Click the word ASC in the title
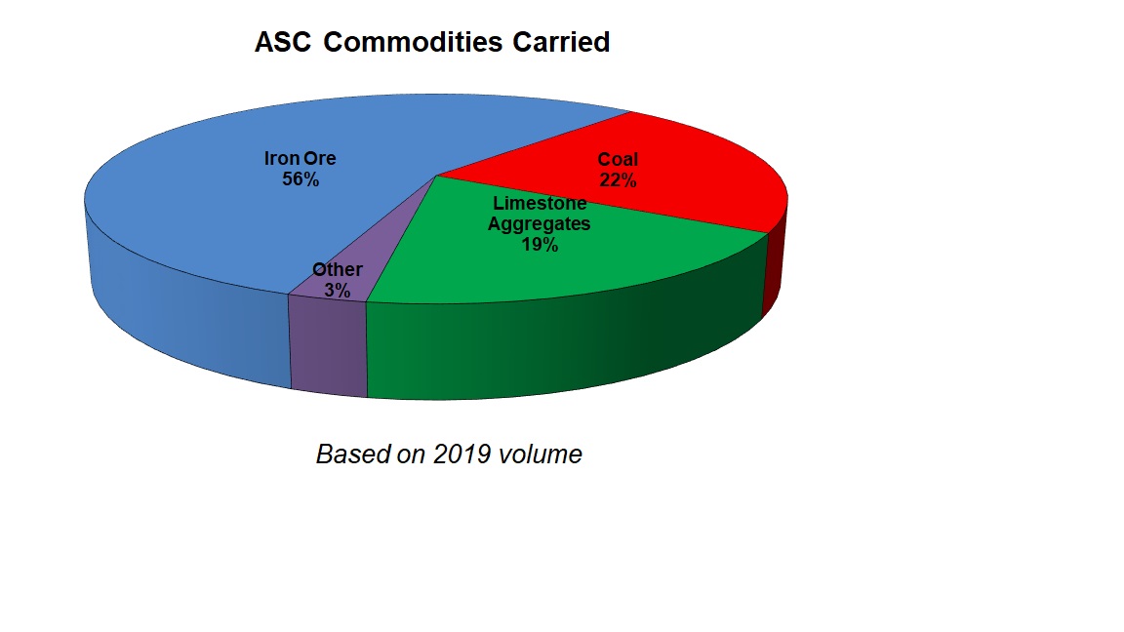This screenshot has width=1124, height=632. pos(283,42)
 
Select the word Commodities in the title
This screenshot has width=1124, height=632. pos(413,42)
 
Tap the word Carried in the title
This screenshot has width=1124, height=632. pos(561,42)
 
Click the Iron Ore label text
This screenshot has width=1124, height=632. pos(300,158)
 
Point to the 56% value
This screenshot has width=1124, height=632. pos(301,179)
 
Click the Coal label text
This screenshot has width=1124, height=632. pos(618,159)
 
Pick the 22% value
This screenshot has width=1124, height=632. pos(618,179)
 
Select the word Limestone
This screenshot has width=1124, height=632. pos(540,203)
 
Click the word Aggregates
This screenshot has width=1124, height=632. pos(539,224)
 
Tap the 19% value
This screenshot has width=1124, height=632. pos(540,245)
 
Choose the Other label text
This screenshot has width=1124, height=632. pos(338,269)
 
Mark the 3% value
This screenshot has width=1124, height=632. pos(337,291)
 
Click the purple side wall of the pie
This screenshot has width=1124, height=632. pos(328,346)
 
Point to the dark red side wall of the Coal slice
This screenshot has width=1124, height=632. pos(773,265)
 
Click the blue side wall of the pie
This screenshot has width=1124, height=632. pos(186,308)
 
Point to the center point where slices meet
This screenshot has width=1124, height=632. pos(436,175)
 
